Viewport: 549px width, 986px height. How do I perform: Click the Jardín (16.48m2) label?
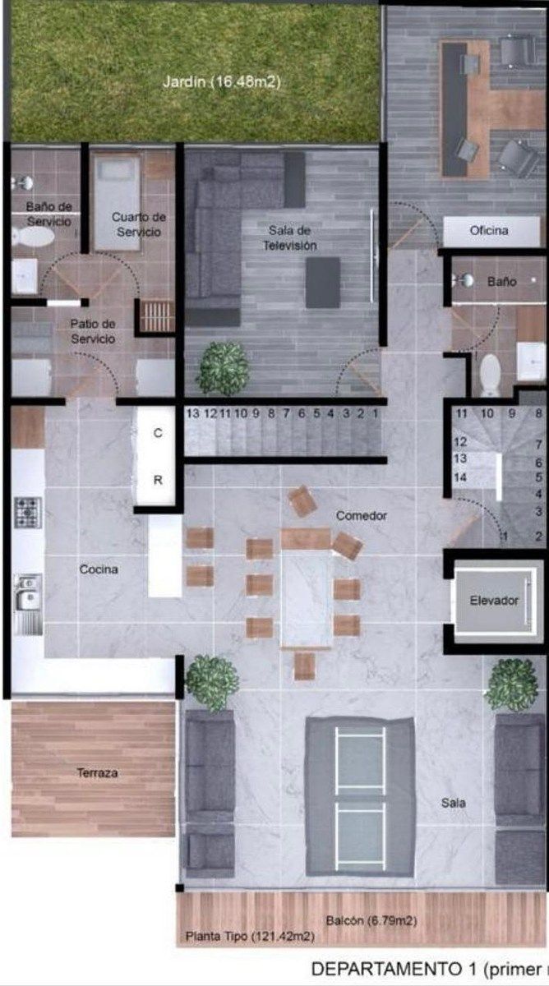point(221,82)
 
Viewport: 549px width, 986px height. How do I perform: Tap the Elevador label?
point(494,600)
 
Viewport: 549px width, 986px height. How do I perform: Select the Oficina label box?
point(491,231)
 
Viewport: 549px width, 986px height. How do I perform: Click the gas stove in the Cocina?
point(28,513)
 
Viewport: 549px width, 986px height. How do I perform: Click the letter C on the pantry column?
point(158,433)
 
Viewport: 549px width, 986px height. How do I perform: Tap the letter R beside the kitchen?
point(158,480)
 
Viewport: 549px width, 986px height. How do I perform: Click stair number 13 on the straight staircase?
point(193,413)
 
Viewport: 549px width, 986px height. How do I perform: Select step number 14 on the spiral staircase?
point(460,477)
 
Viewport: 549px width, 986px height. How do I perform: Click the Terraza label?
point(97,772)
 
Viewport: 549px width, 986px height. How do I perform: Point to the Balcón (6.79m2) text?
point(371,920)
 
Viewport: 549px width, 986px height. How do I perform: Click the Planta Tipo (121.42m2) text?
point(250,936)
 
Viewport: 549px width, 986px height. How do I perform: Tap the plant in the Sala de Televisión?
point(224,367)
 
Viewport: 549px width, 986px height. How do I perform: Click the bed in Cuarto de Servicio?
point(117,202)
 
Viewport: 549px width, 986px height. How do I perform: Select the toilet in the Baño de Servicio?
point(33,237)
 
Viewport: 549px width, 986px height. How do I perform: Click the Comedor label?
point(362,515)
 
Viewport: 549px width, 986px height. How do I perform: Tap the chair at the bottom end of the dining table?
point(304,666)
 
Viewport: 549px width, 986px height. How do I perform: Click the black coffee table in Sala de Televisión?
point(323,283)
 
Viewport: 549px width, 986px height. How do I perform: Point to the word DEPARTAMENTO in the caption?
point(387,969)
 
